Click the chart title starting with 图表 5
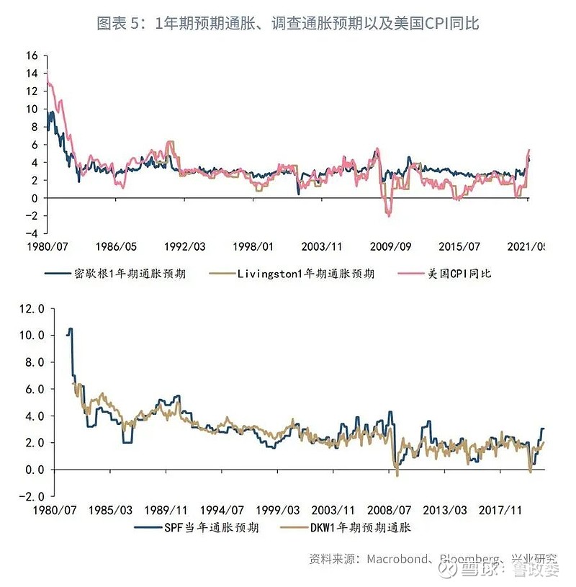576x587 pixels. click(x=288, y=23)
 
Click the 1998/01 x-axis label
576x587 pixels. click(x=253, y=246)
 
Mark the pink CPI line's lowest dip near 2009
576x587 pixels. click(x=389, y=215)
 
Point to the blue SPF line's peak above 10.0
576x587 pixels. click(x=70, y=329)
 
